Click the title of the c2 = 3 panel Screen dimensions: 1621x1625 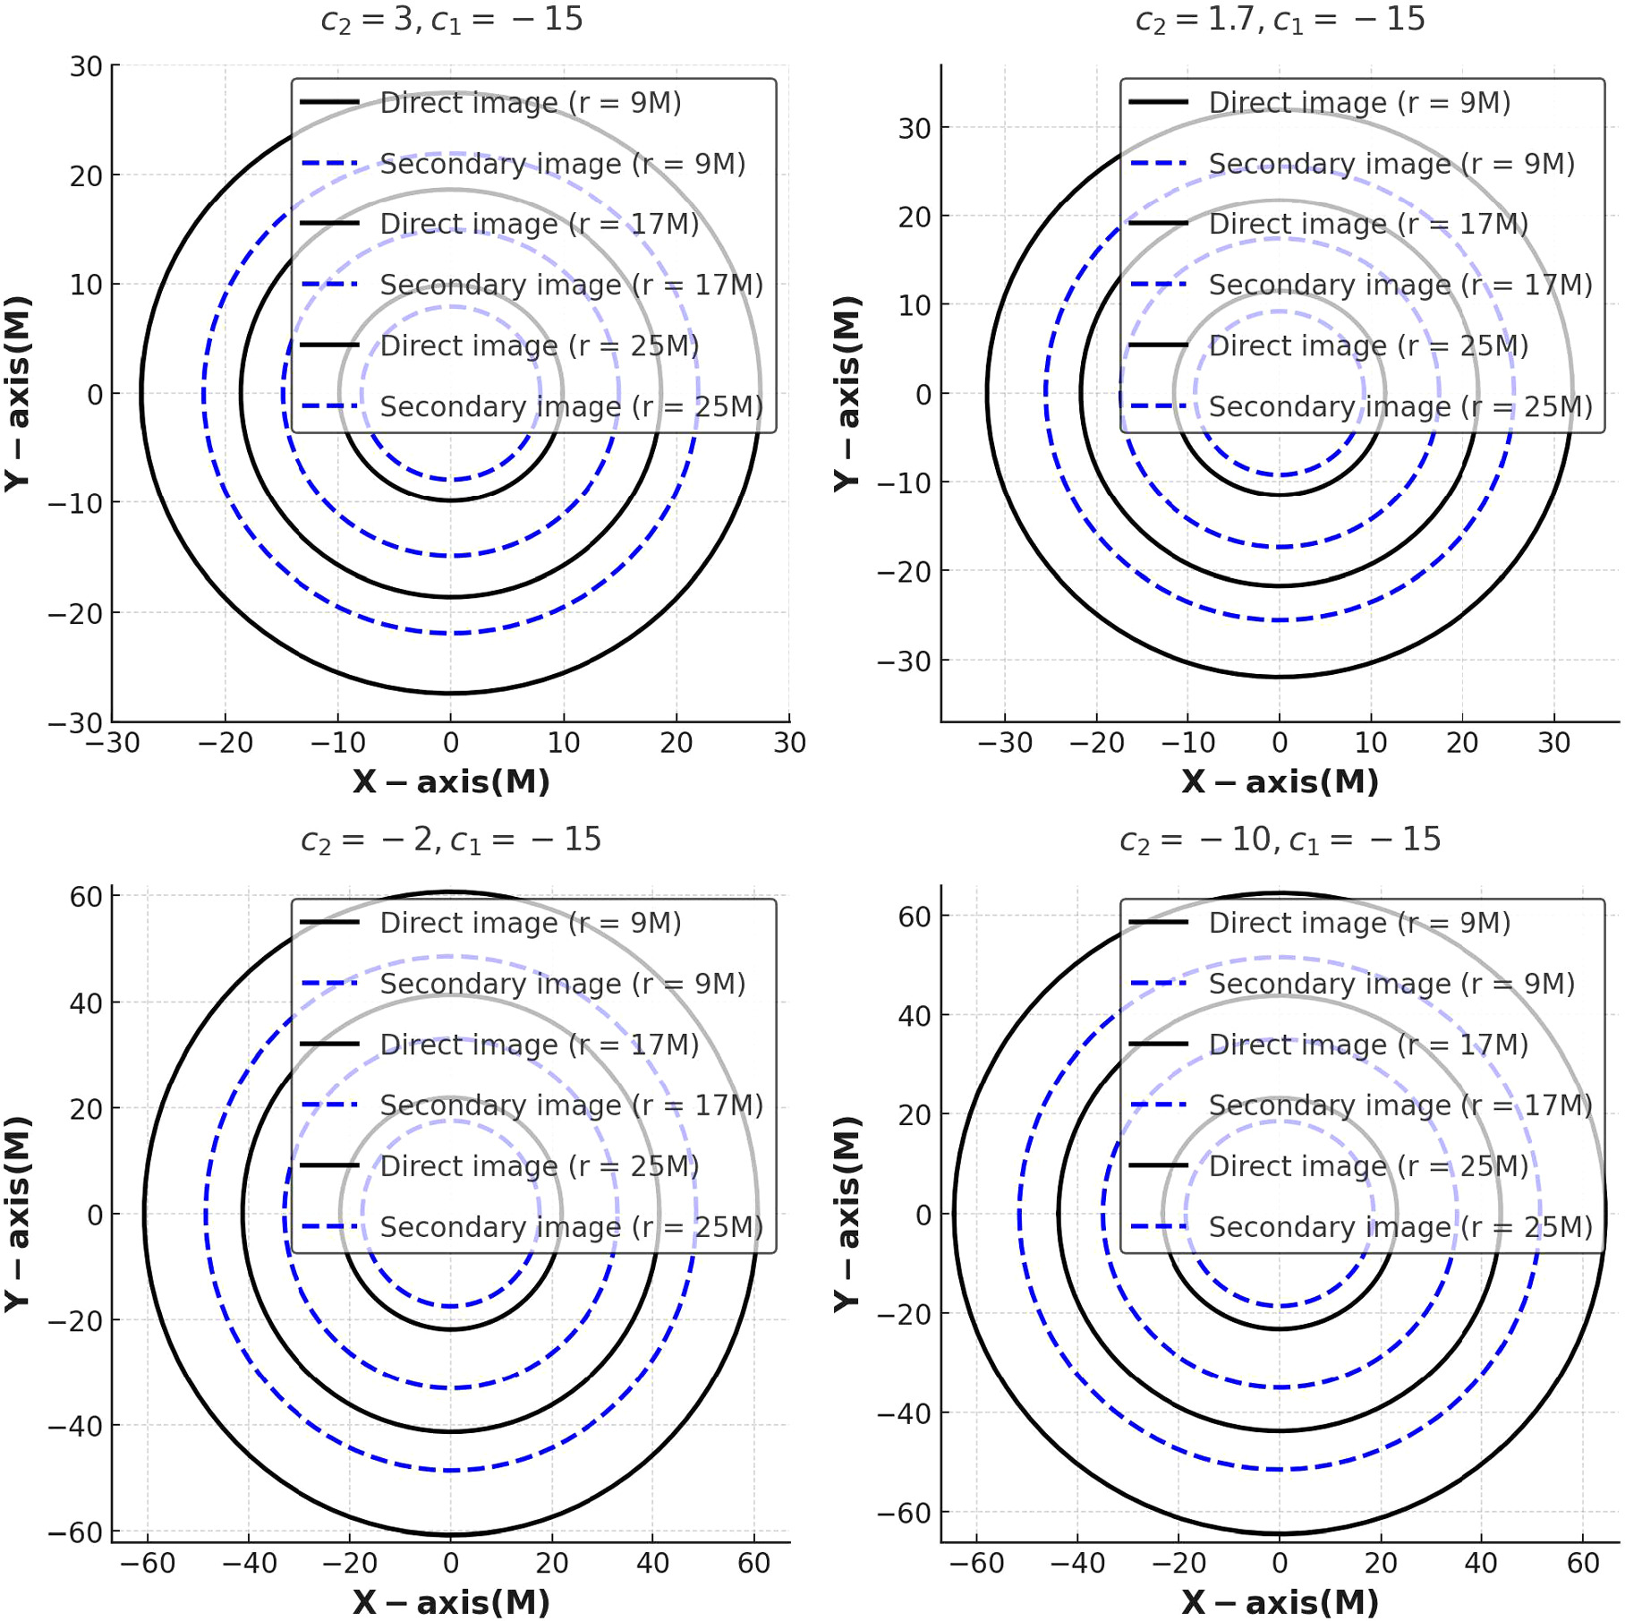point(452,20)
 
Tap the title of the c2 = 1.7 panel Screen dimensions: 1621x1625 point(1280,20)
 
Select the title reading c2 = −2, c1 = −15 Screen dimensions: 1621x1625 point(451,840)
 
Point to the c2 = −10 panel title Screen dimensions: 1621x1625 point(1280,840)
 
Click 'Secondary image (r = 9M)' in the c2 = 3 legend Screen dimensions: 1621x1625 point(562,164)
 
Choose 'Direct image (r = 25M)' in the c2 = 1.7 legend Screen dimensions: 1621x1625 point(1368,346)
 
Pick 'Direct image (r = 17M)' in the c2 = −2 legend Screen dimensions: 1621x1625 point(539,1045)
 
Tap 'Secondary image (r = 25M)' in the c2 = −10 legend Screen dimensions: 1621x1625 point(1400,1226)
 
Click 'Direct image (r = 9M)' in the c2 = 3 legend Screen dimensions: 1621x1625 point(531,103)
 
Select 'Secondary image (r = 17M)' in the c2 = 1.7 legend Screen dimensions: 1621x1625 point(1400,285)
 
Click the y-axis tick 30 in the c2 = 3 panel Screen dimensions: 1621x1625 point(86,67)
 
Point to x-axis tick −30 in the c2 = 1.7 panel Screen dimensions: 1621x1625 point(1005,743)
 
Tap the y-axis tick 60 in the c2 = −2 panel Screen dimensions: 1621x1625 point(86,897)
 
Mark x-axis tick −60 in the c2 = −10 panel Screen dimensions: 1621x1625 point(976,1563)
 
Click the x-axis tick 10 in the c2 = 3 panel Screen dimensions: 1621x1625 point(564,743)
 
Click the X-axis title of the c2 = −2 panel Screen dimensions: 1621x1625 point(451,1601)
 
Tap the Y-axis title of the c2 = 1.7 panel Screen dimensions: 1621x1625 point(847,394)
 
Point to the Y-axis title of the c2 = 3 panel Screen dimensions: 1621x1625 point(18,394)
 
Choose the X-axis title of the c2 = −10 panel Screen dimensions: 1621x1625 point(1280,1601)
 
